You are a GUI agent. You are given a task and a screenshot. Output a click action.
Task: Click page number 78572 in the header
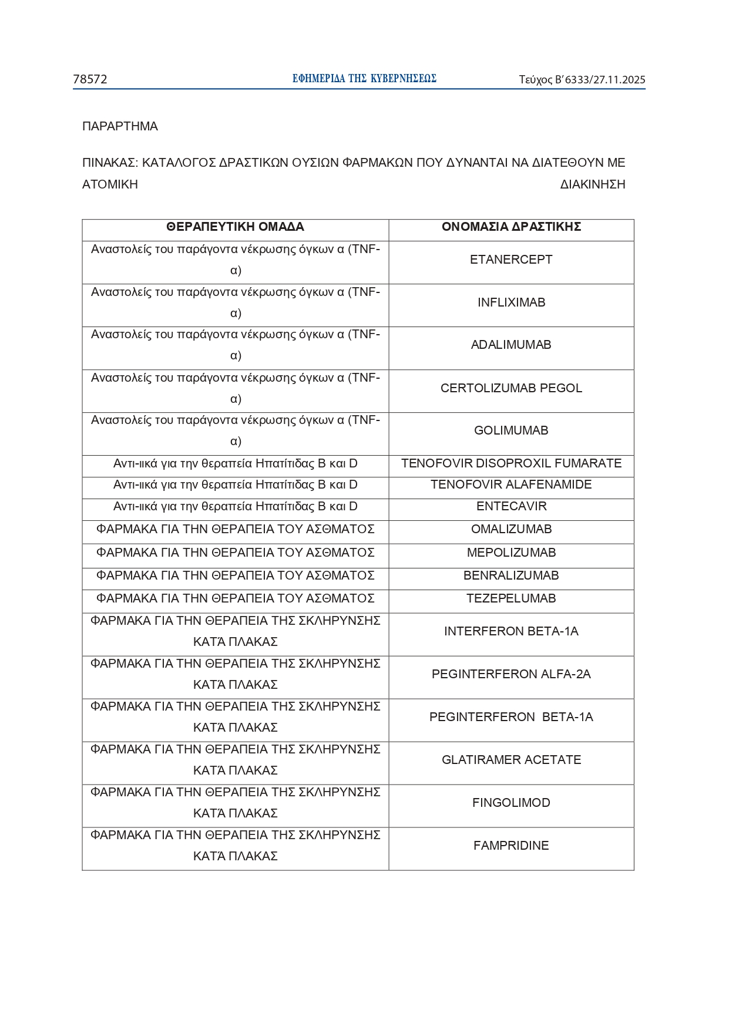pyautogui.click(x=90, y=79)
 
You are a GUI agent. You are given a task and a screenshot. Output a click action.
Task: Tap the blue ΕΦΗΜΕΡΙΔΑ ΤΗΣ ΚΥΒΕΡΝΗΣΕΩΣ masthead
pyautogui.click(x=364, y=79)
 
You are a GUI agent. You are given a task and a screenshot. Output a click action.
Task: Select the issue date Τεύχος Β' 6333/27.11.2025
pyautogui.click(x=582, y=80)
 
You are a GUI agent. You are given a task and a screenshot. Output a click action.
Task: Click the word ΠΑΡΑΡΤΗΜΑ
pyautogui.click(x=120, y=126)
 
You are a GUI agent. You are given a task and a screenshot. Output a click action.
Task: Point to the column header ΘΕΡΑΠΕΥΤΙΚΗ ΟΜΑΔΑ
pyautogui.click(x=235, y=227)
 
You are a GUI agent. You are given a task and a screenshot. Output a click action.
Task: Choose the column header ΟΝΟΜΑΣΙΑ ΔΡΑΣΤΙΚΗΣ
pyautogui.click(x=511, y=227)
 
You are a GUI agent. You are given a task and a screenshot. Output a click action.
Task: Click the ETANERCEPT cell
pyautogui.click(x=511, y=260)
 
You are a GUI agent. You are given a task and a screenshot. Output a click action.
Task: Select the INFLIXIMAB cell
pyautogui.click(x=511, y=302)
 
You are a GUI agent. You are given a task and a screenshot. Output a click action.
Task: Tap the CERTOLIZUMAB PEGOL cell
pyautogui.click(x=511, y=388)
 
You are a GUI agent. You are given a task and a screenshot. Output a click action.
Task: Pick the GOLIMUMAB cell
pyautogui.click(x=511, y=430)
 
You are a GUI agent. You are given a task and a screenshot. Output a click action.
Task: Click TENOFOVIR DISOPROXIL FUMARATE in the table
pyautogui.click(x=511, y=463)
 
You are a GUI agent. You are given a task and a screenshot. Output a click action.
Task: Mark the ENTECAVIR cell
pyautogui.click(x=511, y=506)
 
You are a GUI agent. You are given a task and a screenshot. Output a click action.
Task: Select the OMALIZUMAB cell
pyautogui.click(x=511, y=529)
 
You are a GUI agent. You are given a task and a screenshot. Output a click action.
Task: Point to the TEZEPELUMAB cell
pyautogui.click(x=511, y=598)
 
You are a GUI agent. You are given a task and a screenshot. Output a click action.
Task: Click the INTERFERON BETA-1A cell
pyautogui.click(x=511, y=631)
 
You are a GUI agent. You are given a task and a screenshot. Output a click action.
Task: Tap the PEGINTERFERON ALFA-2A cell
pyautogui.click(x=511, y=674)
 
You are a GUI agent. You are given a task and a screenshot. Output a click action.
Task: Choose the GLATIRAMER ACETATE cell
pyautogui.click(x=511, y=760)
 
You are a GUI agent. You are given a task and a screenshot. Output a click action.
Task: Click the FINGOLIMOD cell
pyautogui.click(x=511, y=803)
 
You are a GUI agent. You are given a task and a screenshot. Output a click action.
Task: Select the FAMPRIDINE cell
pyautogui.click(x=511, y=846)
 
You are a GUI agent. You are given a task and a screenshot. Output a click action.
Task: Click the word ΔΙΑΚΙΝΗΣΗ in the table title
pyautogui.click(x=592, y=184)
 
